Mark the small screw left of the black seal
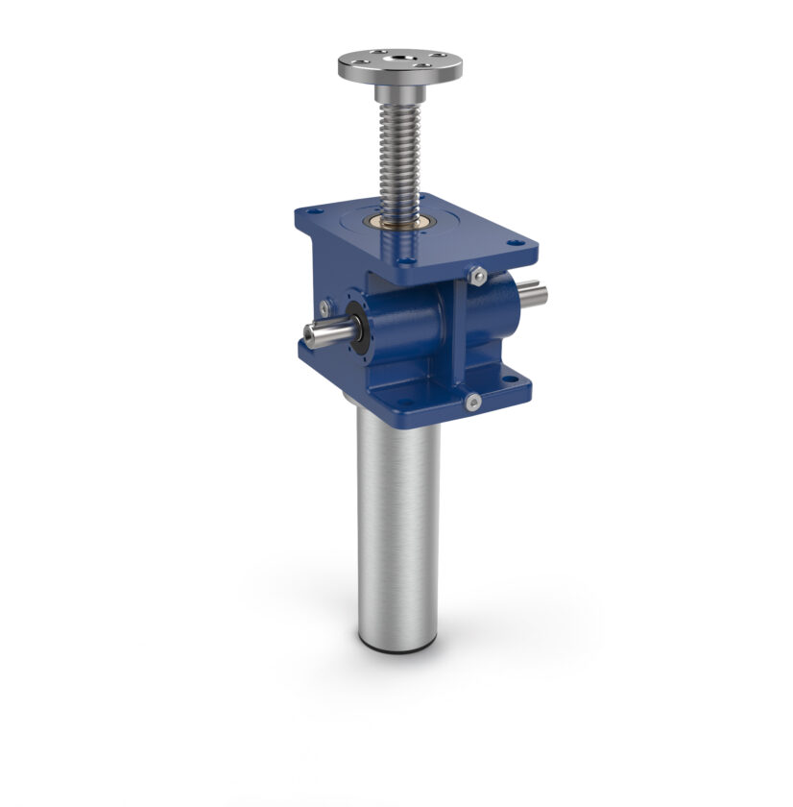(x=327, y=308)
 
